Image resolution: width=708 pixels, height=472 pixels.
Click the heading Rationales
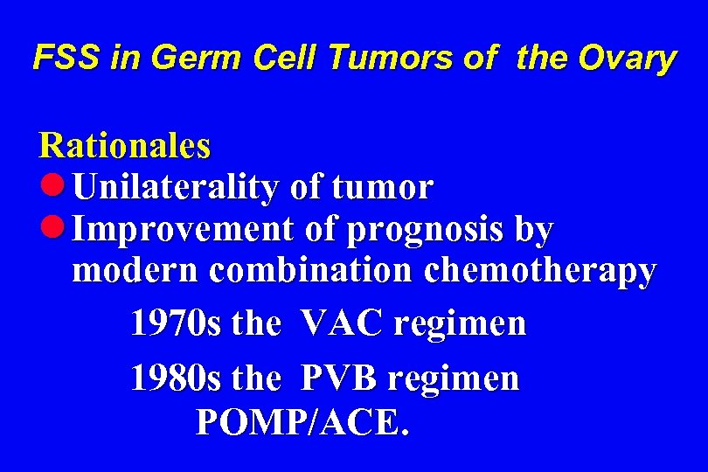[123, 145]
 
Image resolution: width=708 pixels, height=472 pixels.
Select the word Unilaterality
[175, 187]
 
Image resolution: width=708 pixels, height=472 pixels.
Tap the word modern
[135, 272]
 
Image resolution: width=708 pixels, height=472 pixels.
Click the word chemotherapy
[539, 272]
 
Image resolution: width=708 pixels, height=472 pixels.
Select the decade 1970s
[177, 324]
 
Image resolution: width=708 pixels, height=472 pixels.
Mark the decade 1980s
[177, 378]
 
